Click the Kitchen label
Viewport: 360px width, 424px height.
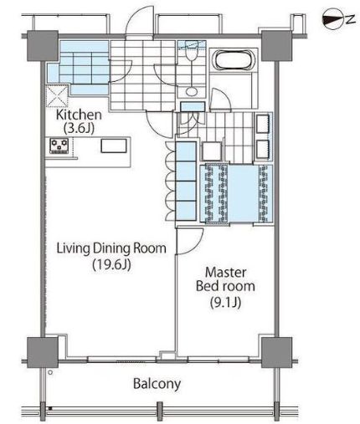click(x=79, y=115)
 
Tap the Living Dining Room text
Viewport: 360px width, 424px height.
click(x=111, y=248)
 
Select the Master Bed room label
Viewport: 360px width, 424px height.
click(x=225, y=279)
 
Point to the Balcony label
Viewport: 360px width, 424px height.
click(x=157, y=384)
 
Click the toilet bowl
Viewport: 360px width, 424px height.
click(x=191, y=55)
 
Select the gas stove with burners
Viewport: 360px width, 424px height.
click(x=59, y=146)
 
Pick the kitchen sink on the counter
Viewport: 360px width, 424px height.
click(x=114, y=146)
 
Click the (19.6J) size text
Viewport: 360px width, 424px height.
click(x=111, y=264)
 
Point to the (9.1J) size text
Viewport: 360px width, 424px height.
click(x=225, y=302)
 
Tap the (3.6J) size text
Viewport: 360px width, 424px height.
click(x=79, y=128)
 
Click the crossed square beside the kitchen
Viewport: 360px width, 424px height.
click(x=57, y=96)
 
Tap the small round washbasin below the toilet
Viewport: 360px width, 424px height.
click(x=191, y=91)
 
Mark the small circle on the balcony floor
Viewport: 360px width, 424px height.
click(x=50, y=372)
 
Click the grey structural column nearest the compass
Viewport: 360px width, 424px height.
click(x=276, y=46)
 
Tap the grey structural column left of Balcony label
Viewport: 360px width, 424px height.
click(x=43, y=352)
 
